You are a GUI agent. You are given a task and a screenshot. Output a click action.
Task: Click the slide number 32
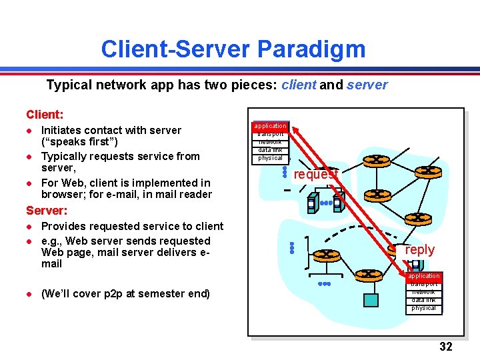click(446, 347)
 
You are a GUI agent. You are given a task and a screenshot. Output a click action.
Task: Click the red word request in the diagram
click(316, 174)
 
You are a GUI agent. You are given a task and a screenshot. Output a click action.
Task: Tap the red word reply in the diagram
click(420, 250)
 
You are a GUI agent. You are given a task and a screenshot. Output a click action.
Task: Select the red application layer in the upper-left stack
click(271, 125)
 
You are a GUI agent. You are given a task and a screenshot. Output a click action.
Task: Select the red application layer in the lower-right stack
click(424, 276)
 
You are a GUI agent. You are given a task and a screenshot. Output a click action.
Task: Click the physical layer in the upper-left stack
click(271, 158)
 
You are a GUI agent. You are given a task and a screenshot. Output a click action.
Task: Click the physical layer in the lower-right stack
click(424, 308)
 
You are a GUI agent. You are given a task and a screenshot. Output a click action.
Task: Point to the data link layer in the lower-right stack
click(424, 300)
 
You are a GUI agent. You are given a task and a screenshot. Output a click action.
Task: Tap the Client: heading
click(45, 115)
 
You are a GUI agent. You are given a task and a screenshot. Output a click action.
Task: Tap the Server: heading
click(47, 211)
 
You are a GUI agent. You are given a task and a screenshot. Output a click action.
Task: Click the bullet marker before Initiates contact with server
click(29, 131)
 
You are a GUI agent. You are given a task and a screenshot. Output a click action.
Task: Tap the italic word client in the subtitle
click(299, 85)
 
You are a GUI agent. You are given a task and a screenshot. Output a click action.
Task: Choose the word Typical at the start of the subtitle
click(68, 85)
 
